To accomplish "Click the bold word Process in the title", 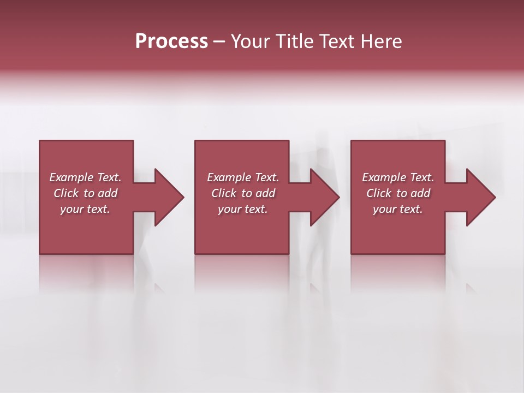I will click(171, 41).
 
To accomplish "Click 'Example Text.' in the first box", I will click(85, 177).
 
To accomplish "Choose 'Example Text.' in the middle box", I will click(243, 177).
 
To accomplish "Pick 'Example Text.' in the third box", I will click(398, 177).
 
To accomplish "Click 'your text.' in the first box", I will click(85, 209).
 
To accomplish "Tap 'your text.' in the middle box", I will click(243, 209).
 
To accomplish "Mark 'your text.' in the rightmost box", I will click(398, 209).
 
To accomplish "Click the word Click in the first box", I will click(66, 193).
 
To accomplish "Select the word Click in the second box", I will click(224, 193).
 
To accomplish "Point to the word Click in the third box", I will click(379, 193).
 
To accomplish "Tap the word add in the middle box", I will click(265, 193).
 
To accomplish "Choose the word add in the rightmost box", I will click(420, 193).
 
